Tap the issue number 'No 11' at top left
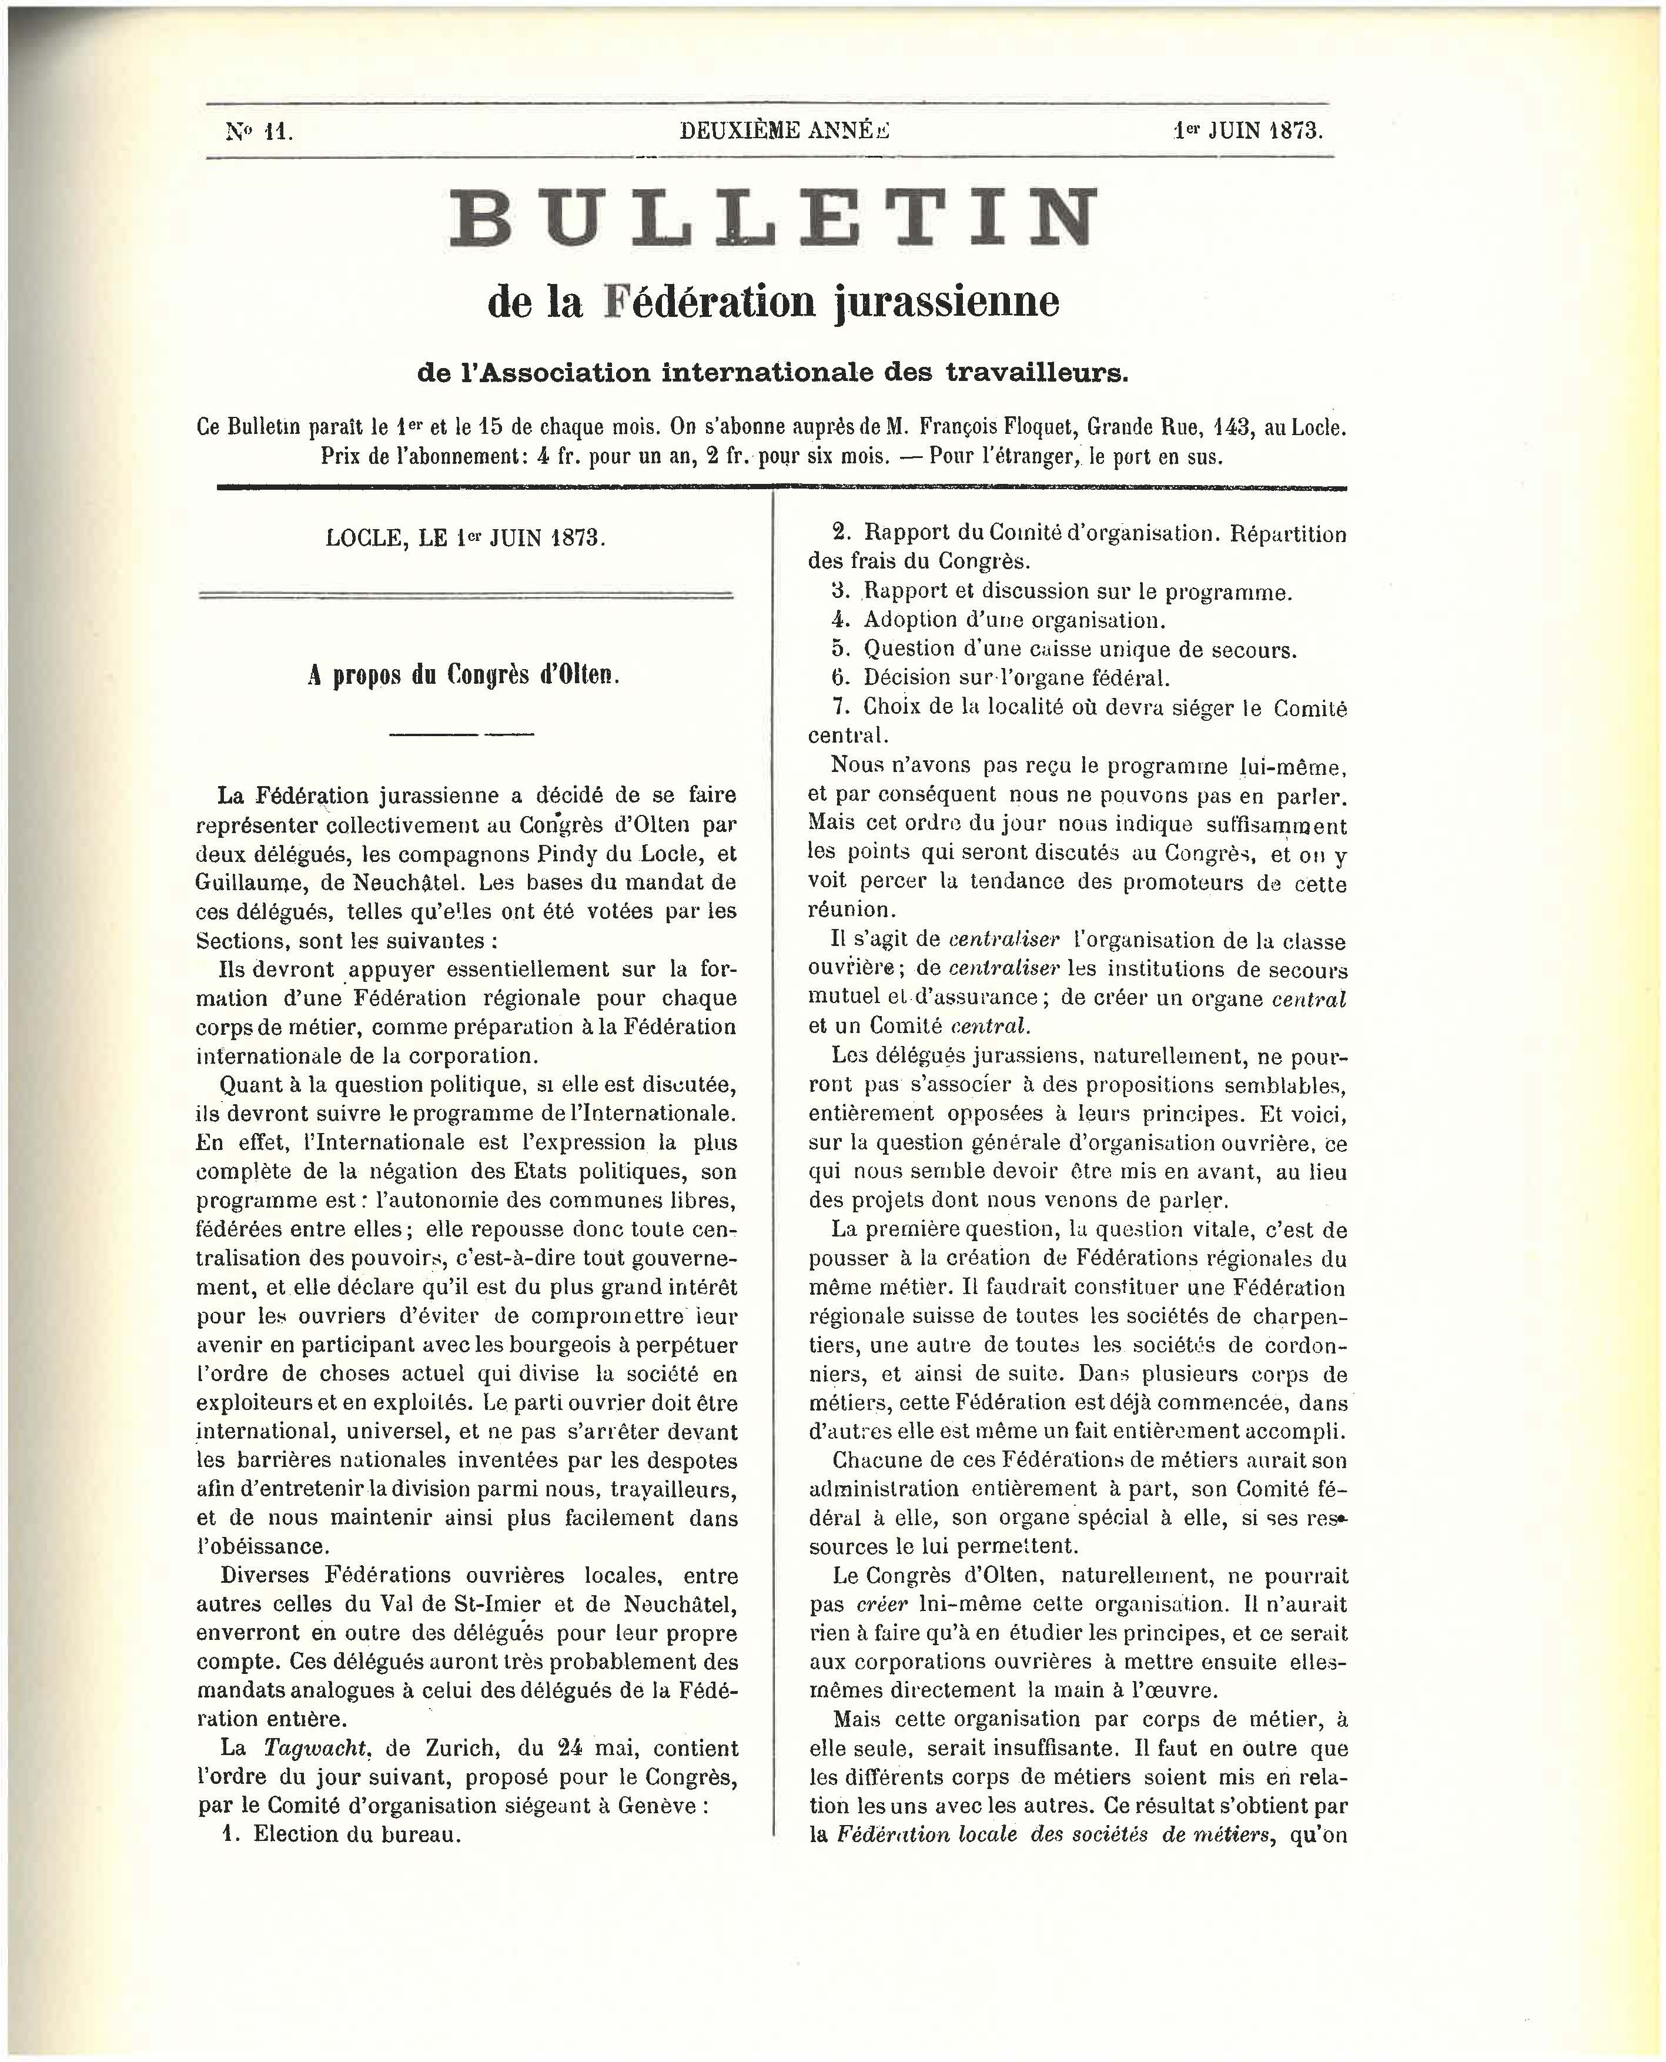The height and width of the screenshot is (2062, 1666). click(x=259, y=132)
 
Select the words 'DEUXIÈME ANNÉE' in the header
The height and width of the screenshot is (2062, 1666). click(x=784, y=131)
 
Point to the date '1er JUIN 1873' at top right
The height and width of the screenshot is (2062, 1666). click(x=1247, y=131)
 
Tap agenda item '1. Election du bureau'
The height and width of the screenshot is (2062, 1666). click(x=341, y=1834)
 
